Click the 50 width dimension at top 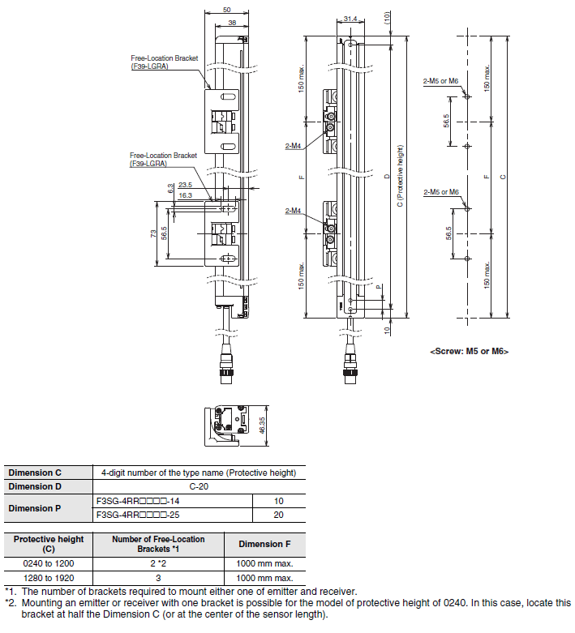click(227, 10)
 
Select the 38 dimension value click(232, 23)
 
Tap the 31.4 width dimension click(350, 19)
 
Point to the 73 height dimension click(153, 233)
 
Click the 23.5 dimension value click(185, 185)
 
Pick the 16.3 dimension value click(185, 195)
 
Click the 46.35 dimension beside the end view click(262, 426)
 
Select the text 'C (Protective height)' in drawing click(400, 176)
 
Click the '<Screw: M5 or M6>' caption click(469, 351)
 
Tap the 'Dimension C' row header click(35, 473)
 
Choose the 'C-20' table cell click(199, 486)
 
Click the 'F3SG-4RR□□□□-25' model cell click(138, 515)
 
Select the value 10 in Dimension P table click(278, 501)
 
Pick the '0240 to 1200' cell click(49, 563)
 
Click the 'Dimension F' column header click(264, 544)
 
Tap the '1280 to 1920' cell click(49, 578)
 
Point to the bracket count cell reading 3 click(158, 578)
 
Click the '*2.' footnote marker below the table click(11, 603)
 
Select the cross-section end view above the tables click(223, 426)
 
